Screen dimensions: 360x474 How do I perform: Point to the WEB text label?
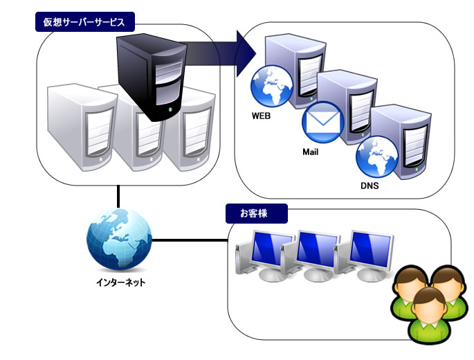click(x=261, y=116)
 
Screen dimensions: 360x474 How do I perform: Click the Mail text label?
click(x=310, y=152)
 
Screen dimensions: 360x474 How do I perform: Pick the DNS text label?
click(x=370, y=186)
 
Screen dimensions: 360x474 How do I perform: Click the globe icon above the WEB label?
click(x=269, y=86)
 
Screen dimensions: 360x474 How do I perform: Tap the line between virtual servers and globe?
click(x=119, y=195)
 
